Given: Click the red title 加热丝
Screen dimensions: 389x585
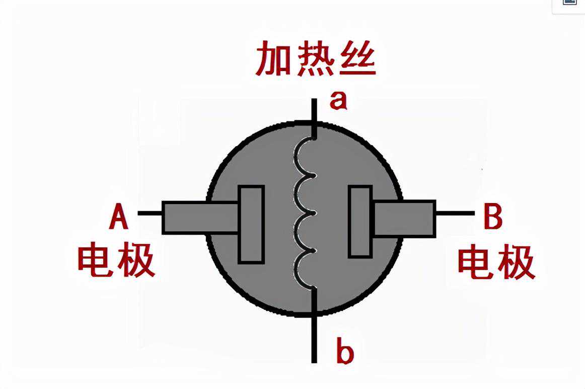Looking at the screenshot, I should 315,59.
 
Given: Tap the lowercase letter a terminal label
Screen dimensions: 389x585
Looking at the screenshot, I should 338,101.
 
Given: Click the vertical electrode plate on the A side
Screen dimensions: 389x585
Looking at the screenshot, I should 251,224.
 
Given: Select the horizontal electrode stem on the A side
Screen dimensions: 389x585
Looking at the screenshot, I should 200,218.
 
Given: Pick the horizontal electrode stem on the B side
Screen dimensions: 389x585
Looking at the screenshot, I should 404,218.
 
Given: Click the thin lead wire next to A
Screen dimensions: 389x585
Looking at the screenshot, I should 150,213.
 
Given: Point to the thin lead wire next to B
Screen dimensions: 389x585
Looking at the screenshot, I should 454,213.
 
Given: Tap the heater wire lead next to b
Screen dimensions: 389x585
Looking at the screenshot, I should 314,333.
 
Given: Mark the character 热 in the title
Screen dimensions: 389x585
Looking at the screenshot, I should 316,59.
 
